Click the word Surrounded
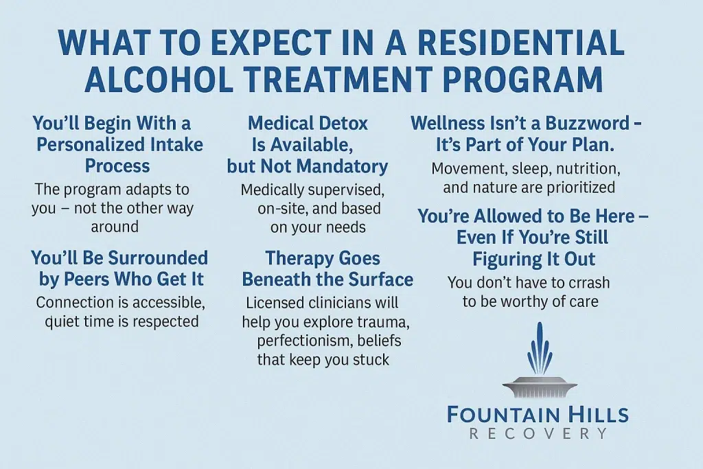pos(158,258)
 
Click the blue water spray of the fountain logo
pos(540,350)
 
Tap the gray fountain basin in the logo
pos(540,387)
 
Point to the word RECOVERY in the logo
pos(538,434)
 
